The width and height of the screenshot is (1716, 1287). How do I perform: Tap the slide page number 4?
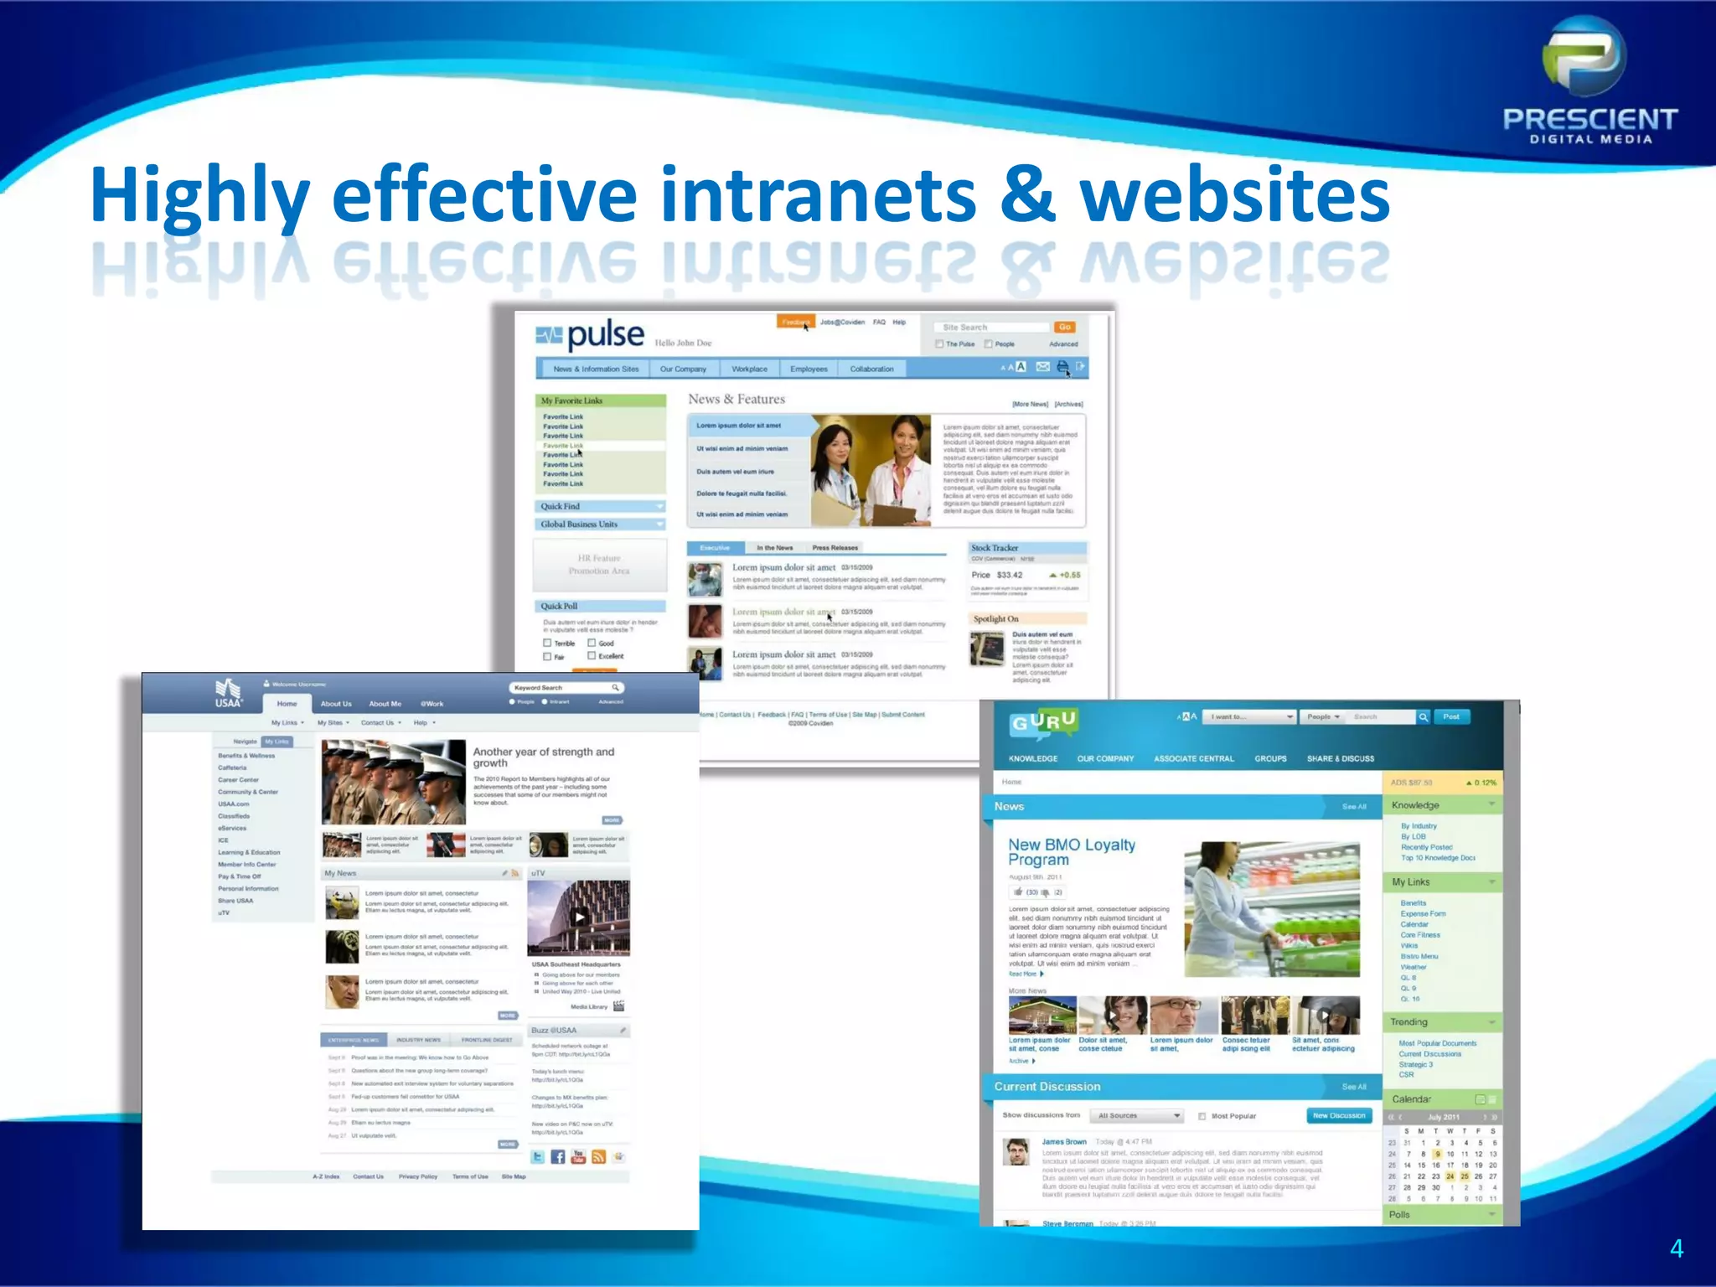[x=1676, y=1248]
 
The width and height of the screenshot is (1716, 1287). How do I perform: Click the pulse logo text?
[x=605, y=336]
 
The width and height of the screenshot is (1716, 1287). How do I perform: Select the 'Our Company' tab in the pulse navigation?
[x=683, y=369]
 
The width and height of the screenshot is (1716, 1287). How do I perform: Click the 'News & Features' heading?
[x=737, y=400]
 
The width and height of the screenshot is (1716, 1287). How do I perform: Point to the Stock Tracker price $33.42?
[x=1009, y=575]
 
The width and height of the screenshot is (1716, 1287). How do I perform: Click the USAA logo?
[x=228, y=694]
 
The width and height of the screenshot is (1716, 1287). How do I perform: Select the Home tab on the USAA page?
[x=287, y=704]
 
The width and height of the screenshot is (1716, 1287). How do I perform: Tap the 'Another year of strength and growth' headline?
[x=544, y=757]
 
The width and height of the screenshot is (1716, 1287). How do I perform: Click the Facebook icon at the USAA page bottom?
[x=558, y=1157]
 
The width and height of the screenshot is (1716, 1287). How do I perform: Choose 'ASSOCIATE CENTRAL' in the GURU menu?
[x=1193, y=759]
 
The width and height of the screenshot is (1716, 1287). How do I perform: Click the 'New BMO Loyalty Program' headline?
[x=1072, y=852]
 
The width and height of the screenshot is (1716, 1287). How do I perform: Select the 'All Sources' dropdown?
[x=1138, y=1116]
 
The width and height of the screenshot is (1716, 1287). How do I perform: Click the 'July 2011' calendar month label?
[x=1444, y=1118]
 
